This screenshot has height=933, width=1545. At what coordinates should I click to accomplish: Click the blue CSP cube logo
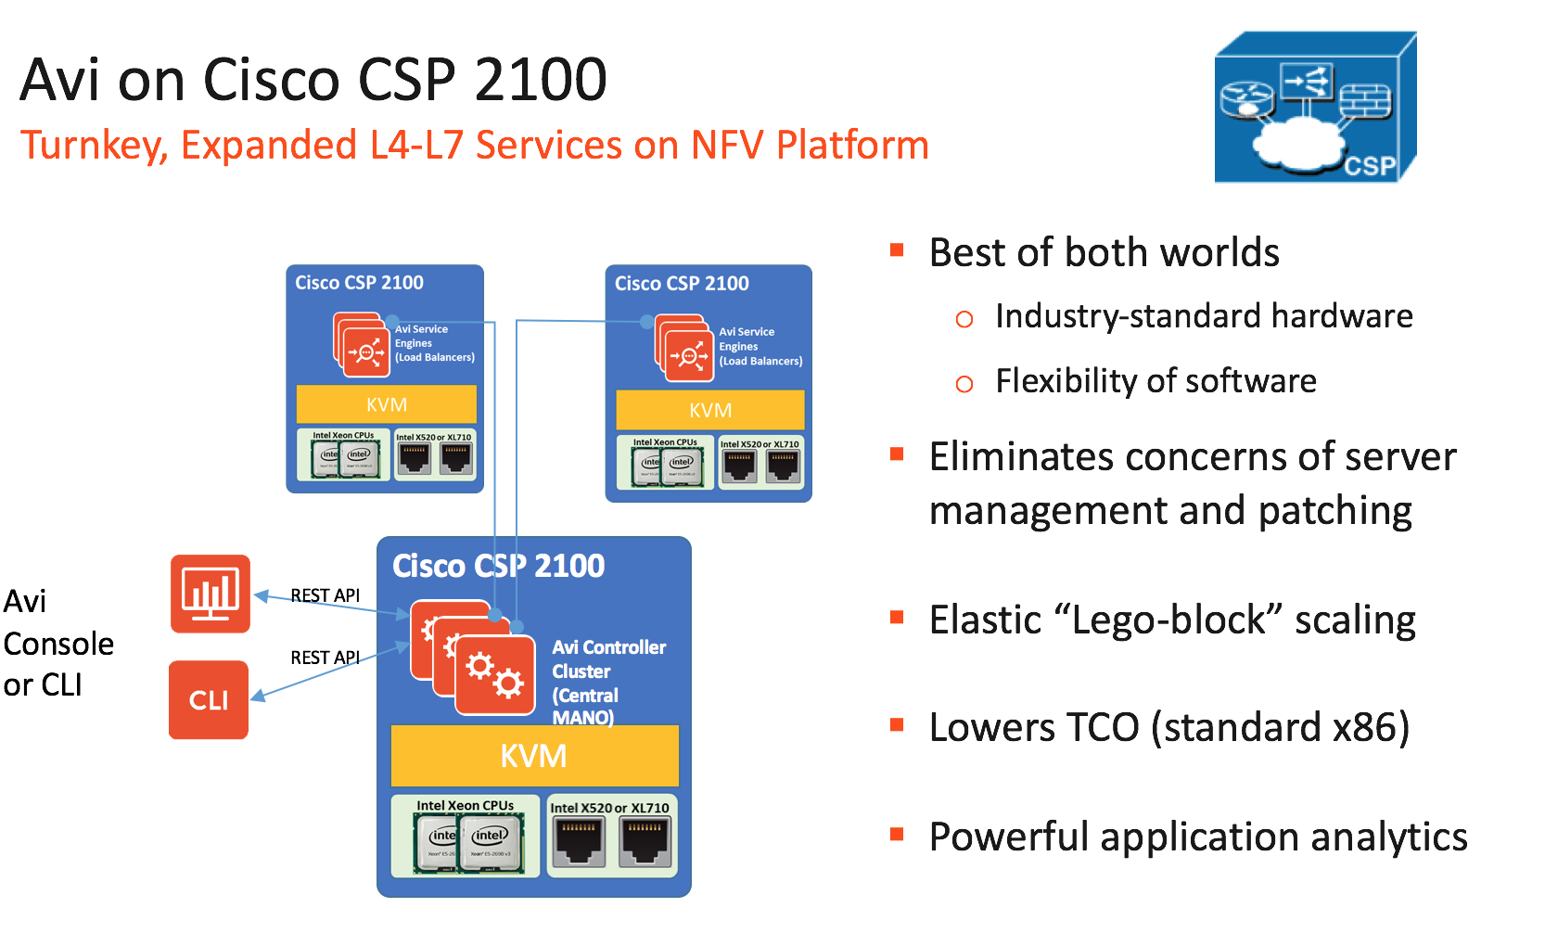click(1314, 108)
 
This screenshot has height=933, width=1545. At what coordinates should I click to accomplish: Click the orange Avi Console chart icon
click(211, 594)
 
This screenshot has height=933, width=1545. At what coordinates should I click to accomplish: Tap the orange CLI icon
click(209, 699)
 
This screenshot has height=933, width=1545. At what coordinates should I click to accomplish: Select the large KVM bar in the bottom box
click(534, 756)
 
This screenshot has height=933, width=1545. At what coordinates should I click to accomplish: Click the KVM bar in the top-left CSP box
click(386, 404)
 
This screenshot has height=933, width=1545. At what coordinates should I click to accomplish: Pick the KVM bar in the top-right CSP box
click(709, 410)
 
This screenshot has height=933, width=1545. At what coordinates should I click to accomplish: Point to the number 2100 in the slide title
click(541, 80)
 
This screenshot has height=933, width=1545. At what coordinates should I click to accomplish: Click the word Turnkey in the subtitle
click(93, 146)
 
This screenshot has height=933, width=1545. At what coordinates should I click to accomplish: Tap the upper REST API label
click(325, 595)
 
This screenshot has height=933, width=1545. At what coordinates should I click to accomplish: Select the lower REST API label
click(325, 658)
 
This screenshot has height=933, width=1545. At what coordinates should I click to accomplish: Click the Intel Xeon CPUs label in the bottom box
click(465, 805)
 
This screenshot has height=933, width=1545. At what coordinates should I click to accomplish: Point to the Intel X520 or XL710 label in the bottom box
click(609, 808)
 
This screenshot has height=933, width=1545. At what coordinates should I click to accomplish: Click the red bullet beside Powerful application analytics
click(897, 835)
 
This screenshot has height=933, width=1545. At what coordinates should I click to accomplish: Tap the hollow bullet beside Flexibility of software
click(964, 384)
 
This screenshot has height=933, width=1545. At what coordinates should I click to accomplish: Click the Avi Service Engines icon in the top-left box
click(363, 345)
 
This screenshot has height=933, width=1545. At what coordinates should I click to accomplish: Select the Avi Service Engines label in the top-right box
click(760, 346)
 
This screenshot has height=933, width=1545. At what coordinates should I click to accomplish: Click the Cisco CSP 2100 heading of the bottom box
click(498, 566)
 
